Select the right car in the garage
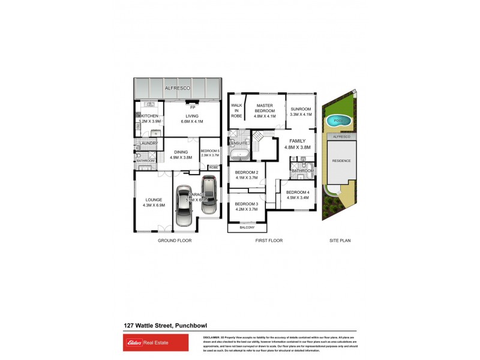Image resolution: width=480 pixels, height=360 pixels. point(208,194)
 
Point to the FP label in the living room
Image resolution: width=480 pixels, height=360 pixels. point(193,107)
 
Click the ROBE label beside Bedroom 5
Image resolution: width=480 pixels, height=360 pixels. point(212,167)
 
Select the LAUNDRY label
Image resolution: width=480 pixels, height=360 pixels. point(148,143)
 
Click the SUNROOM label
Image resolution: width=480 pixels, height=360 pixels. point(301,109)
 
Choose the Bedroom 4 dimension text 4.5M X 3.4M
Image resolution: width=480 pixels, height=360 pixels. point(298,197)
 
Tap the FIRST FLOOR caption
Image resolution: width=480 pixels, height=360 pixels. point(269,240)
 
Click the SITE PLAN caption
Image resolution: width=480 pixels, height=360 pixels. point(340,240)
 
